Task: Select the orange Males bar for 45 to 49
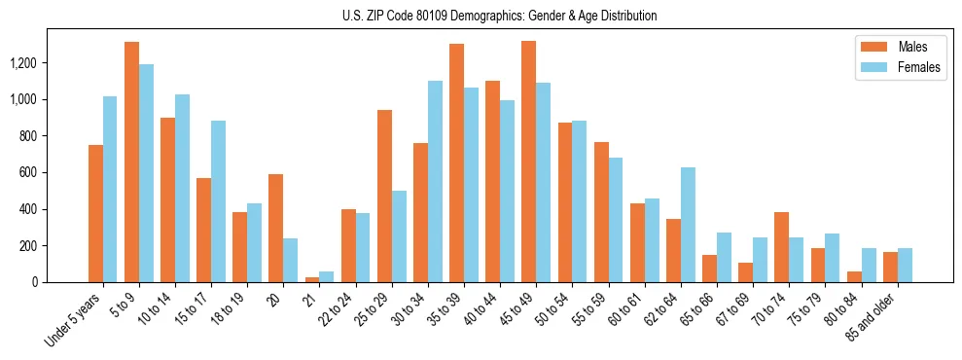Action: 528,162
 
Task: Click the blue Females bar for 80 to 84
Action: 868,266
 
